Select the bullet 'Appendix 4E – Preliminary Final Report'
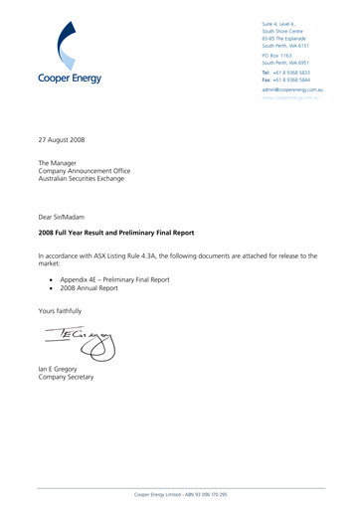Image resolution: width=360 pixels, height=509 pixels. pyautogui.click(x=114, y=279)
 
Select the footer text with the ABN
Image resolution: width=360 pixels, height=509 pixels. pyautogui.click(x=180, y=493)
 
